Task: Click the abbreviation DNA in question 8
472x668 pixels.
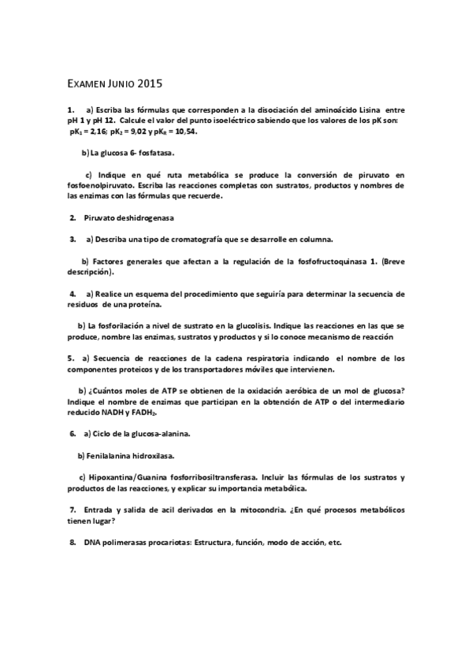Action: point(93,543)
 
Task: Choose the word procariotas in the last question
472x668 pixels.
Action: point(169,543)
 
